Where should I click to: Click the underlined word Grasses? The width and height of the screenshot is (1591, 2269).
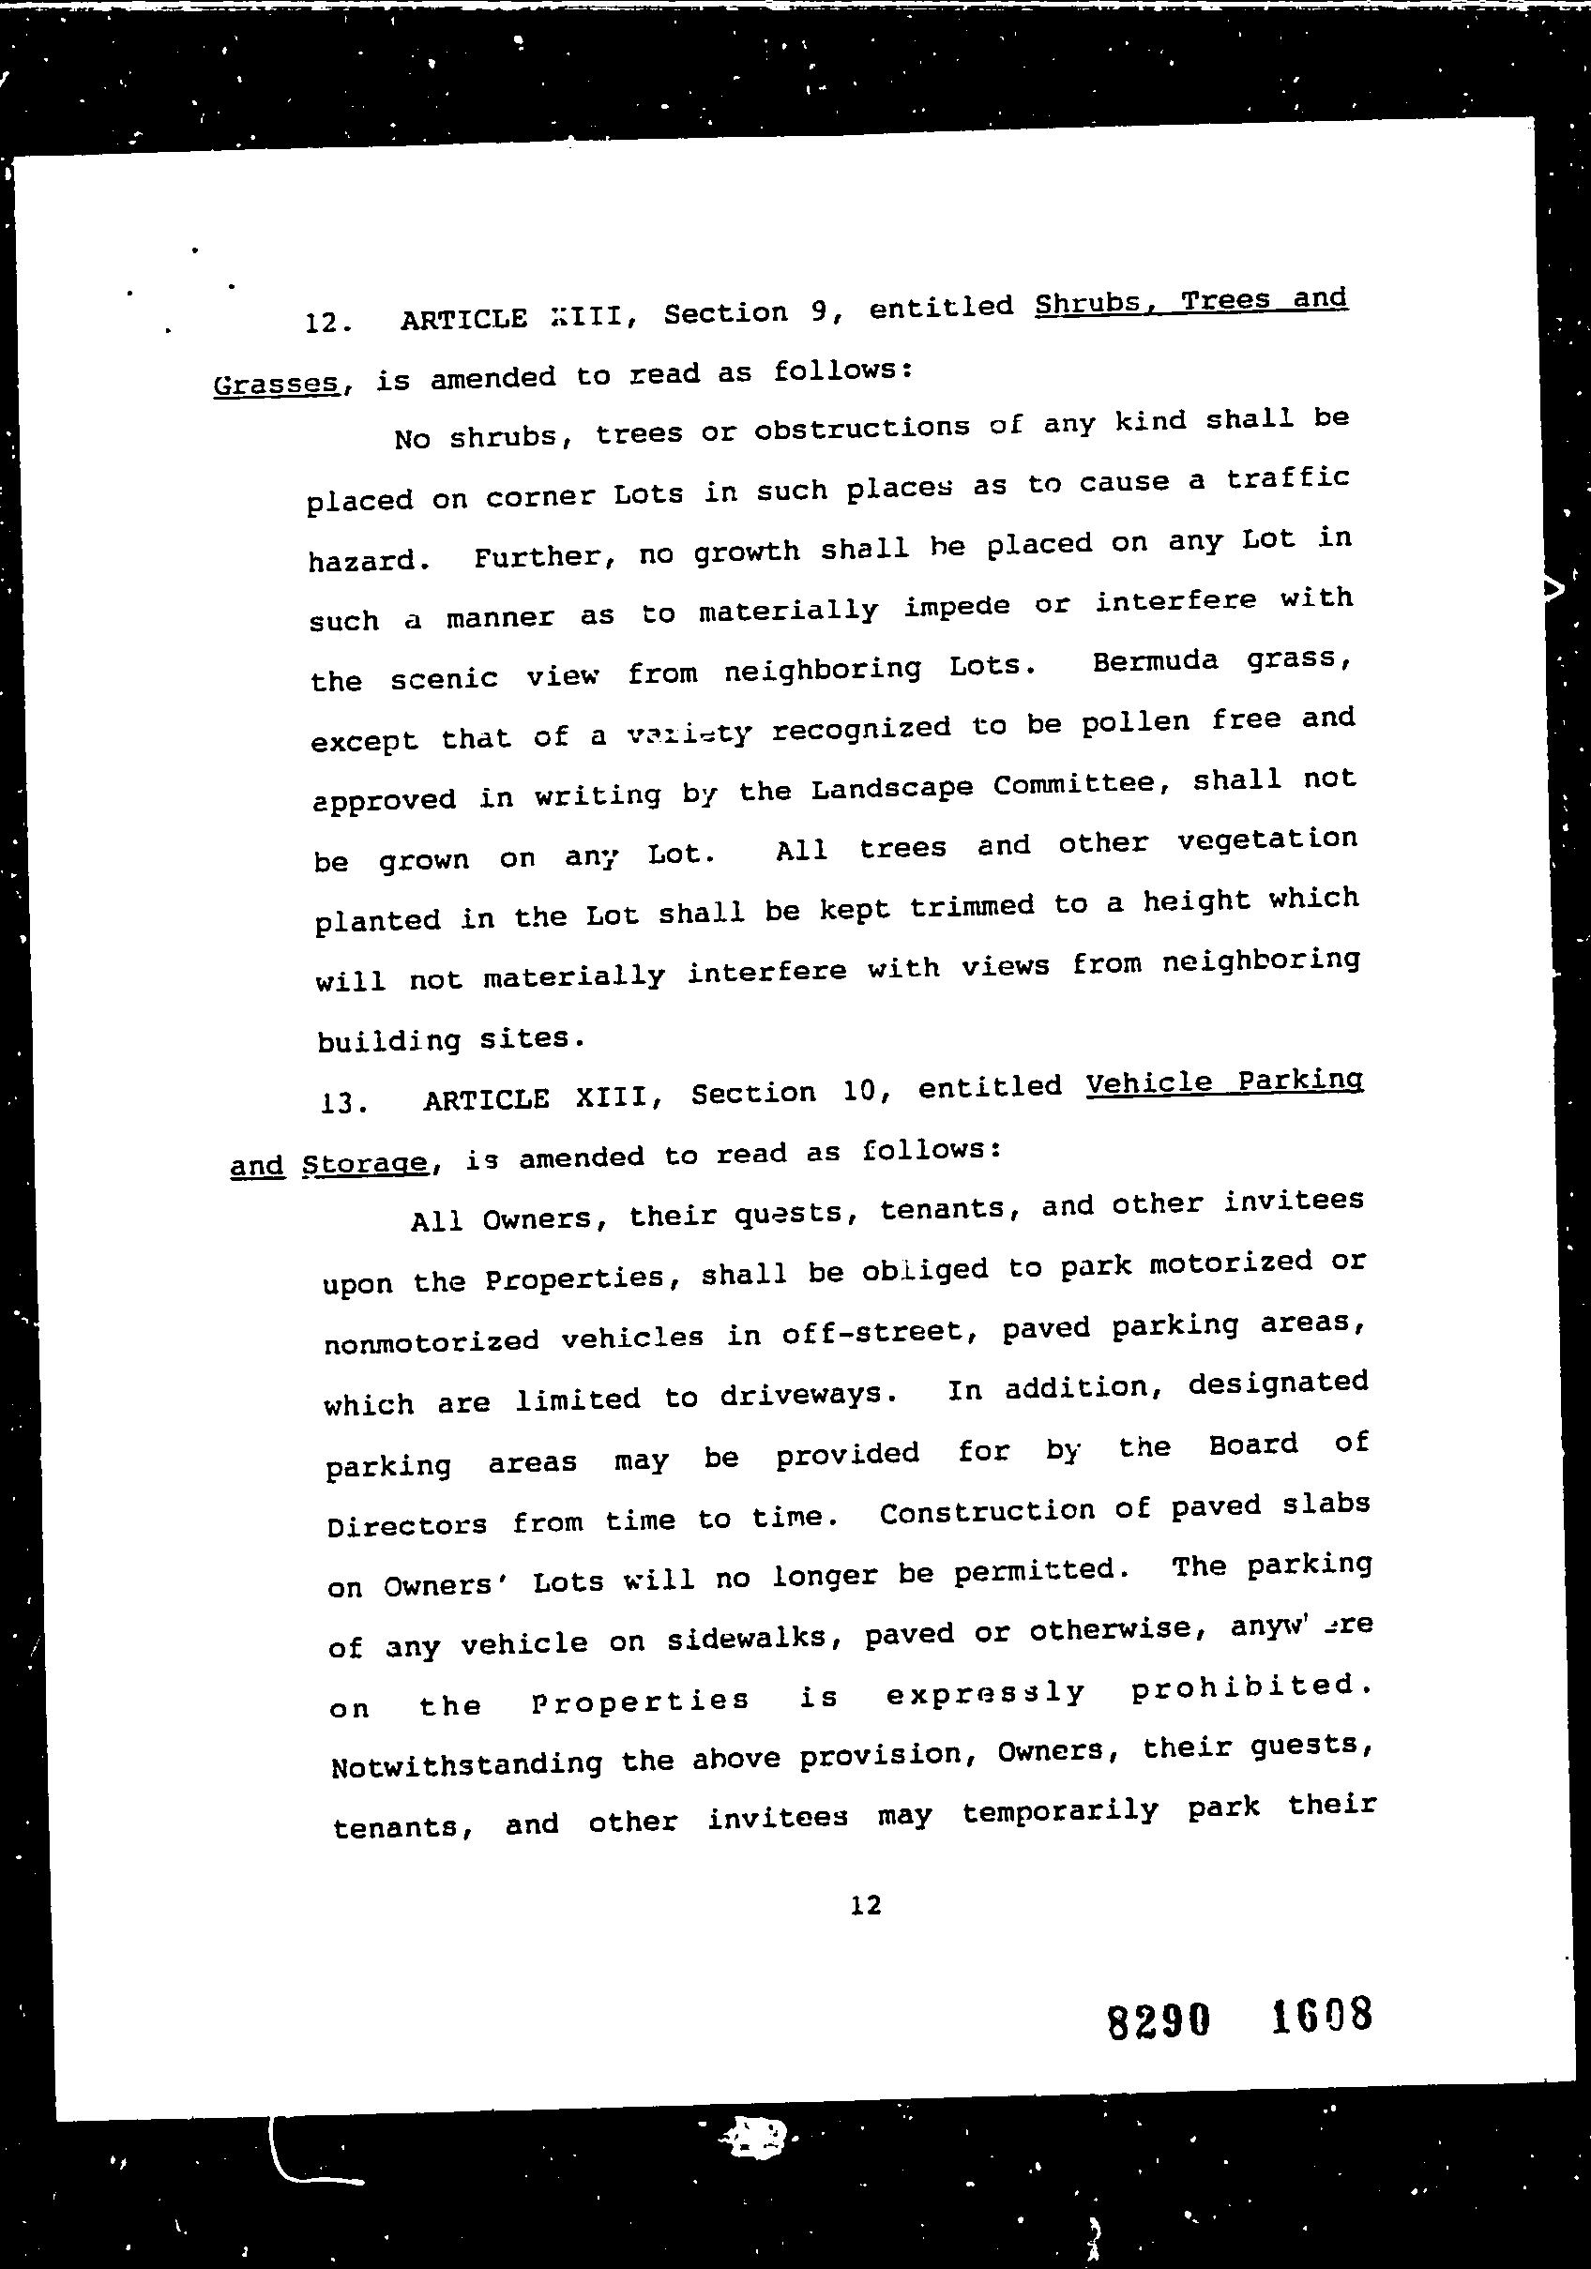pyautogui.click(x=277, y=383)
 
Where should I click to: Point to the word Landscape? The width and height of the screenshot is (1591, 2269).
pyautogui.click(x=892, y=788)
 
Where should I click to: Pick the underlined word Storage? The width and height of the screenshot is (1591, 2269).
pyautogui.click(x=365, y=1162)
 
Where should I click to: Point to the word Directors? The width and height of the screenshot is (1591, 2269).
pyautogui.click(x=406, y=1525)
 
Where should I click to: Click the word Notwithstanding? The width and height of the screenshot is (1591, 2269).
pyautogui.click(x=466, y=1765)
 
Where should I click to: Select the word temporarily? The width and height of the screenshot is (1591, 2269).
pyautogui.click(x=1059, y=1812)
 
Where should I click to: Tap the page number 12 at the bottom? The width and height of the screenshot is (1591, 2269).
pyautogui.click(x=866, y=1904)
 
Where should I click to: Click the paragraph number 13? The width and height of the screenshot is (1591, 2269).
pyautogui.click(x=343, y=1102)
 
